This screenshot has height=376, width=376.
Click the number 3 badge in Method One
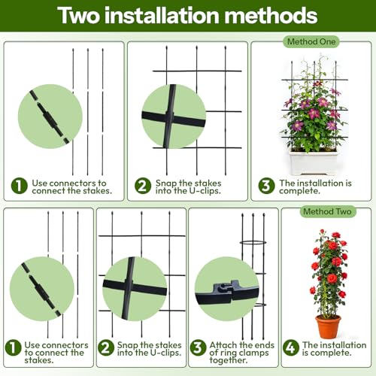pos(264,184)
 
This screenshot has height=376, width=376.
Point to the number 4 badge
pos(290,347)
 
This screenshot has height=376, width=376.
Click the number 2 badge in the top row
pos(142,185)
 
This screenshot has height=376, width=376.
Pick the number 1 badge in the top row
pos(19,185)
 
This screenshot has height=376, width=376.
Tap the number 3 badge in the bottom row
pos(198,347)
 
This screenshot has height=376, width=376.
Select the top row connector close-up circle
pos(47,116)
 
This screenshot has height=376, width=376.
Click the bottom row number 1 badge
pos(13,348)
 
